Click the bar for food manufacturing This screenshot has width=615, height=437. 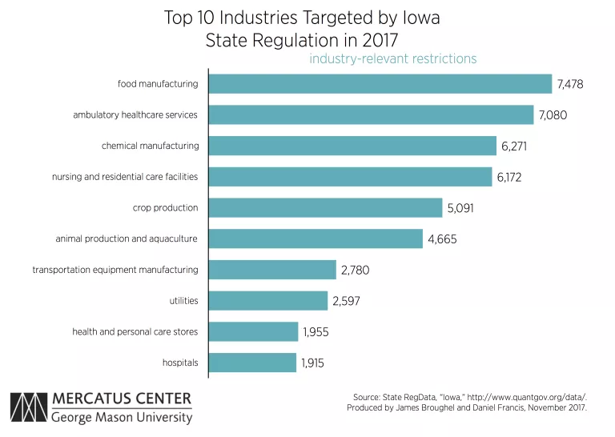click(380, 84)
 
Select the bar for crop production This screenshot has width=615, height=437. click(325, 208)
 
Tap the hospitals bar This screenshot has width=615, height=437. click(252, 363)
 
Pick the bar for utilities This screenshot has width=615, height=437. click(268, 301)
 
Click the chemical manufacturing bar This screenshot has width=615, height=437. click(352, 146)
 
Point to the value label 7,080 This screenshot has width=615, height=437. click(553, 115)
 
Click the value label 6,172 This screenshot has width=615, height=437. click(509, 177)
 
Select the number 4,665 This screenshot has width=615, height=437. click(440, 239)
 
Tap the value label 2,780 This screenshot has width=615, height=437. click(355, 270)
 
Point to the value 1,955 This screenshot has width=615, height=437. click(316, 331)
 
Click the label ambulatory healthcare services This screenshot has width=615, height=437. click(135, 115)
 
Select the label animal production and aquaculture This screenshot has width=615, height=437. click(127, 239)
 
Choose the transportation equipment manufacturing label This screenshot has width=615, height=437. click(115, 270)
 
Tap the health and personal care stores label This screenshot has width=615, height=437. click(135, 331)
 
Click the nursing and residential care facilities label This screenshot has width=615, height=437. click(125, 177)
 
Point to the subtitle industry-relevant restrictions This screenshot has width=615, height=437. click(392, 58)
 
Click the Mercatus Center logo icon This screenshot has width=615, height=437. click(28, 409)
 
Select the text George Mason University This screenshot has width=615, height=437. click(122, 418)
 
